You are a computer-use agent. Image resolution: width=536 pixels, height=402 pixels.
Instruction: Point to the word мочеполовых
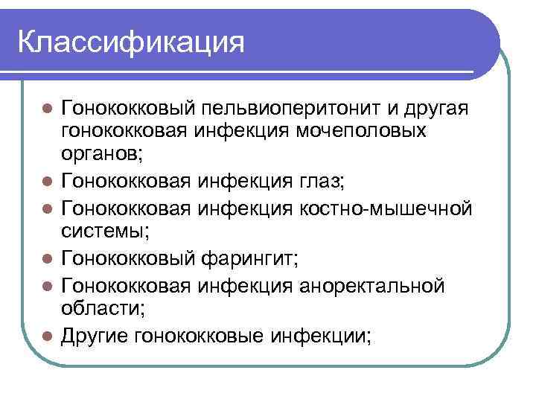379,132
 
